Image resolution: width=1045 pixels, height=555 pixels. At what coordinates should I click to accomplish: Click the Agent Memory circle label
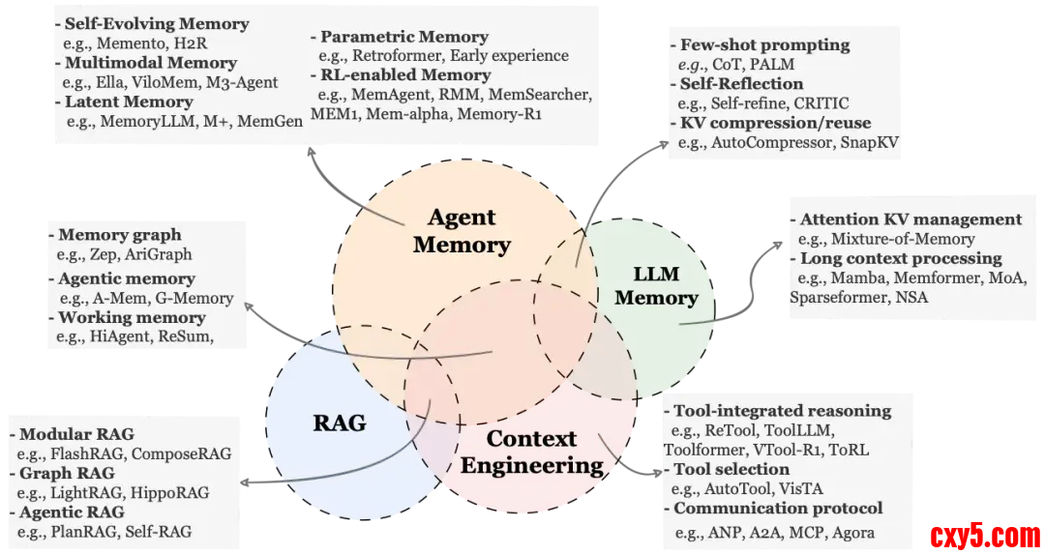(x=462, y=231)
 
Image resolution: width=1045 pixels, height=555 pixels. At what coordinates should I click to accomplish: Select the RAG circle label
(x=340, y=423)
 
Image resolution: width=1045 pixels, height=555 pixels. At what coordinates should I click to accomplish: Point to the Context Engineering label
(x=531, y=452)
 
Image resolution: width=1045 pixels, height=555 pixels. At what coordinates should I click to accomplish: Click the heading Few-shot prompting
(x=764, y=44)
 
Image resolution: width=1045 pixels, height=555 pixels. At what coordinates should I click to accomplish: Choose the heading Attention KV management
(x=911, y=219)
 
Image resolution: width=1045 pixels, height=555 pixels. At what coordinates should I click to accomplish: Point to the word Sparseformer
(x=835, y=298)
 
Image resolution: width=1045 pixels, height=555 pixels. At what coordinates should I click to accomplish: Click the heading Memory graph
(x=119, y=235)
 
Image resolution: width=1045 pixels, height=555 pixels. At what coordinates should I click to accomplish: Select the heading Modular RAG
(x=76, y=434)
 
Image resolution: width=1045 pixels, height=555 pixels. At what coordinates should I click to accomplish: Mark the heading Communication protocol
(x=778, y=508)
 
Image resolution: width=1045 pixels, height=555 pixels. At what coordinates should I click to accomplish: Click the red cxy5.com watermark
(x=984, y=534)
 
